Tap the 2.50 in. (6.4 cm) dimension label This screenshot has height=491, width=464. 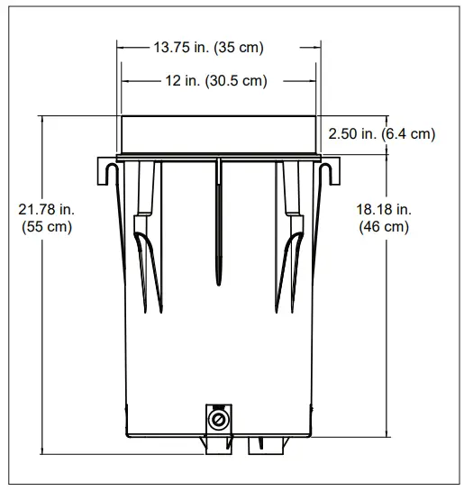[381, 134]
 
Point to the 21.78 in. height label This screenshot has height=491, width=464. [47, 209]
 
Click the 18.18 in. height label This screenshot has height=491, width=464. [383, 209]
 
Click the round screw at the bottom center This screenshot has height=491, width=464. [216, 420]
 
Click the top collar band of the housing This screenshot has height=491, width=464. [219, 135]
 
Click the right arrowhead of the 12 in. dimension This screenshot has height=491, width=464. [311, 81]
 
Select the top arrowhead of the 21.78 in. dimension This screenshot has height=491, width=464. [42, 121]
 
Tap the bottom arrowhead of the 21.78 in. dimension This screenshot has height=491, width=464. [42, 447]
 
